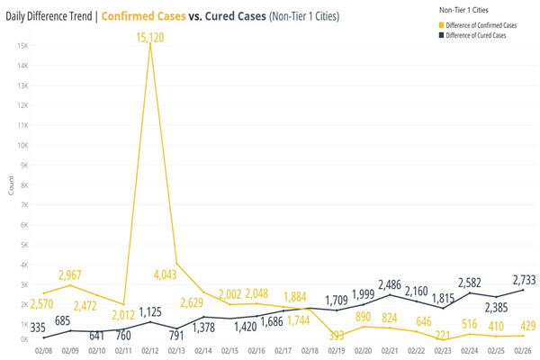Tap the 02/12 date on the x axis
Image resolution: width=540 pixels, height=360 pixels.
(x=149, y=350)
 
